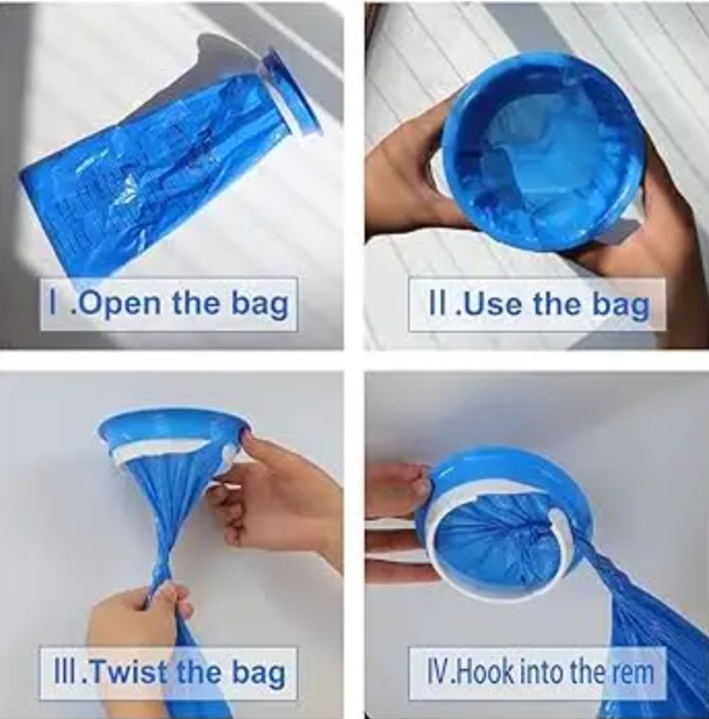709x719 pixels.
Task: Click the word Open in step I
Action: click(x=120, y=304)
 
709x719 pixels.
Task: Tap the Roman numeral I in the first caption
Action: click(x=54, y=302)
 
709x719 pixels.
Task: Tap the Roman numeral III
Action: click(x=66, y=673)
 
